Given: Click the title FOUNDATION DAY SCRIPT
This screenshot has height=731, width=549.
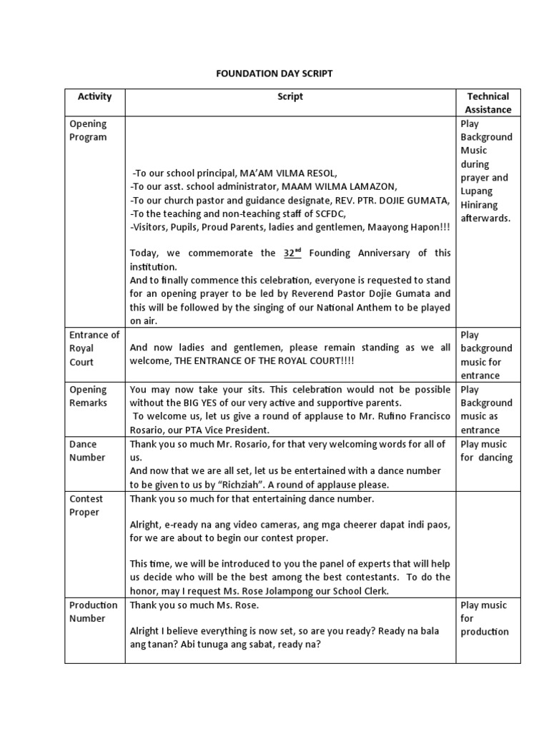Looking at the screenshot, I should [x=274, y=74].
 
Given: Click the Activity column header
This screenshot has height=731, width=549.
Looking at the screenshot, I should [x=94, y=96].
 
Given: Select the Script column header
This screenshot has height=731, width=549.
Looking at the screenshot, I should [x=290, y=96].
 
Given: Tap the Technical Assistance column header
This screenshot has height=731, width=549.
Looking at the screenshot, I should [x=488, y=103].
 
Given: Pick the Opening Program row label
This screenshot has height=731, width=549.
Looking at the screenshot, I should [x=88, y=131].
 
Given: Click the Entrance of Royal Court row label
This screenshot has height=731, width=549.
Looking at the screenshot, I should [x=94, y=348].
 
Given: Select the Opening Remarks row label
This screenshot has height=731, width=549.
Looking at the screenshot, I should [x=88, y=396].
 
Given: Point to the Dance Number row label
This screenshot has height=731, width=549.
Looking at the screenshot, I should [x=87, y=450].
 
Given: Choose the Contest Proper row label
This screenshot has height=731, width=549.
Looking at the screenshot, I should [x=86, y=505].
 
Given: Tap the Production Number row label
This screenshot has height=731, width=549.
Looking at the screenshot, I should [x=93, y=612].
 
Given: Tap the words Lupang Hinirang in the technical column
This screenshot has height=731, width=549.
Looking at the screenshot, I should [x=484, y=198].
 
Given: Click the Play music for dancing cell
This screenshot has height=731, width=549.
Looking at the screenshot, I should [x=486, y=450].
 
